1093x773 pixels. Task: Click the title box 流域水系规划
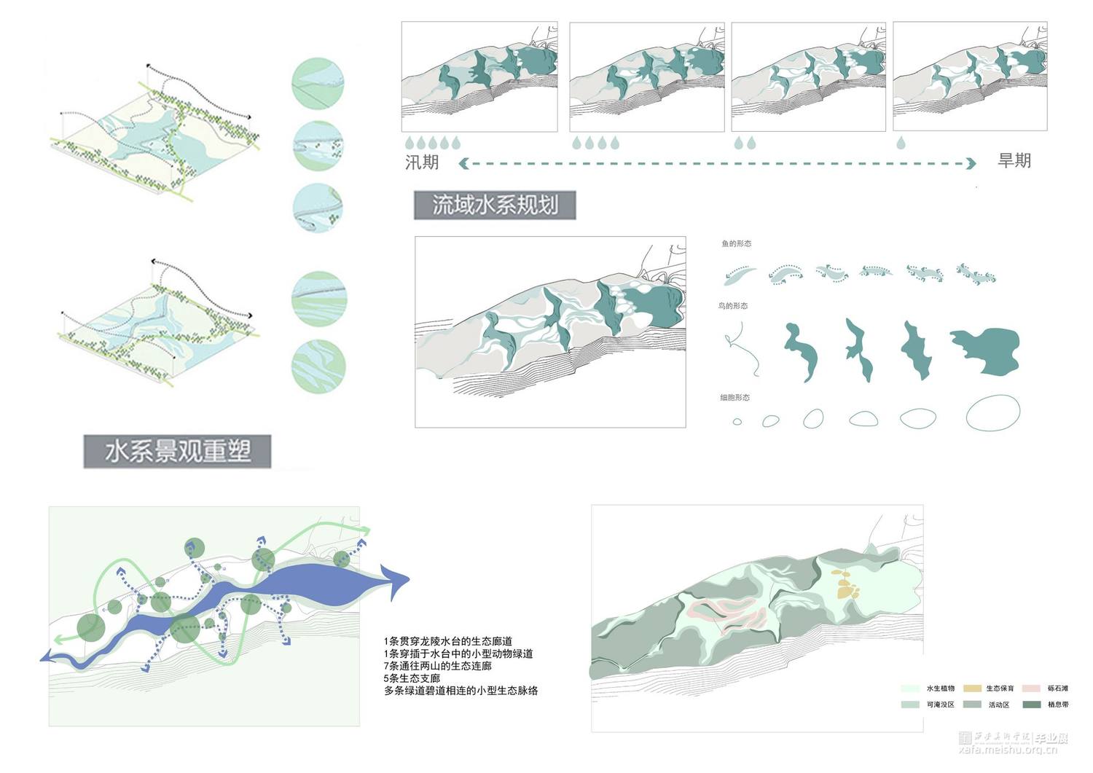pos(495,205)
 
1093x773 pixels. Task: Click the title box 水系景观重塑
pos(177,452)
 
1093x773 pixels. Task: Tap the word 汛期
pos(422,162)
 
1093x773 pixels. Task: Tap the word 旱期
pos(1014,161)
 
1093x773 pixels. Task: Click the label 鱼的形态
pos(736,243)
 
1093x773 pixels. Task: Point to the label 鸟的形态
pos(733,306)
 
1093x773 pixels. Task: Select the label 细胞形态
pos(734,398)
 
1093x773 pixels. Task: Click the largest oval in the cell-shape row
pos(992,412)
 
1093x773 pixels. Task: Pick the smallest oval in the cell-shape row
pos(737,421)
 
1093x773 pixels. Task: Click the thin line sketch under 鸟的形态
pos(742,348)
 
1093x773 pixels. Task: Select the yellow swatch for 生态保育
pos(972,688)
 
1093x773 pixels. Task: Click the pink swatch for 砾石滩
pos(1031,688)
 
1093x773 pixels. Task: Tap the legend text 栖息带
pos(1058,705)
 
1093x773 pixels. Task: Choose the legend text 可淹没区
pos(940,705)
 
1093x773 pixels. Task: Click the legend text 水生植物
pos(940,688)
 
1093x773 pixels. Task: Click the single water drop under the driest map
pos(901,143)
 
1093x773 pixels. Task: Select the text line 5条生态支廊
pos(412,678)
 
